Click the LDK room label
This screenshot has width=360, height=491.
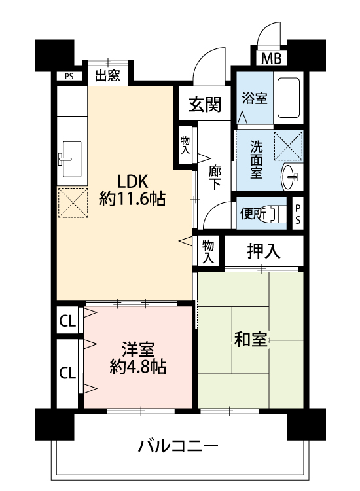(x=132, y=181)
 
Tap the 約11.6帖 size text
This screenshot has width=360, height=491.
(x=132, y=198)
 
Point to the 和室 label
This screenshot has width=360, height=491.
(x=251, y=339)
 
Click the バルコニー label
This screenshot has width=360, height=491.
(x=177, y=446)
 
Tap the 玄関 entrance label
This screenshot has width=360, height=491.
(x=205, y=104)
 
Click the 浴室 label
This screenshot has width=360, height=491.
(x=255, y=99)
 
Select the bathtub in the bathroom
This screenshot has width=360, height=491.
(x=288, y=98)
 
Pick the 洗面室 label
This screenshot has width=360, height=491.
(x=257, y=160)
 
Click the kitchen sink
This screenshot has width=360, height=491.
(x=72, y=159)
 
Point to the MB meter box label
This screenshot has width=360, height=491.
(x=272, y=58)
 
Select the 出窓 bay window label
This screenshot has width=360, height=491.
(x=108, y=75)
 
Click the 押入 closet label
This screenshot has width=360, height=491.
(x=264, y=251)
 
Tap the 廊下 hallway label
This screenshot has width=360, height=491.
(x=215, y=177)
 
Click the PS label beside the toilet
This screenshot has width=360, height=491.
(x=298, y=214)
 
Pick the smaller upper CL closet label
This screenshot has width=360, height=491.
(x=67, y=321)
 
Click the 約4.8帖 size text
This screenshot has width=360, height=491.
(x=138, y=367)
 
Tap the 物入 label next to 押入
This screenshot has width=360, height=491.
(x=208, y=251)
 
